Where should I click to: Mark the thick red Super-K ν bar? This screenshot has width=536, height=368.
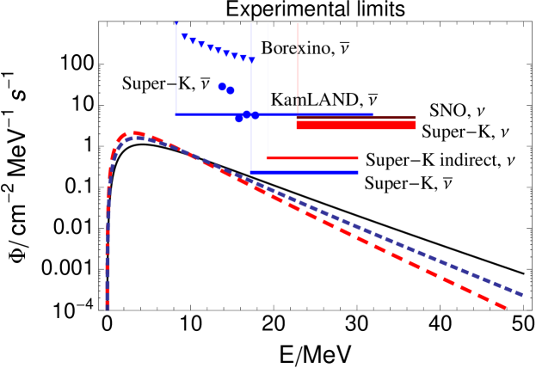pos(356,126)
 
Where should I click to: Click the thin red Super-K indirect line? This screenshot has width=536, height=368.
pos(311,158)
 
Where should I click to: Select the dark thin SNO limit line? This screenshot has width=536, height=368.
pos(356,117)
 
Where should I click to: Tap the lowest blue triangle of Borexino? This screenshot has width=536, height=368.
pos(251,59)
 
